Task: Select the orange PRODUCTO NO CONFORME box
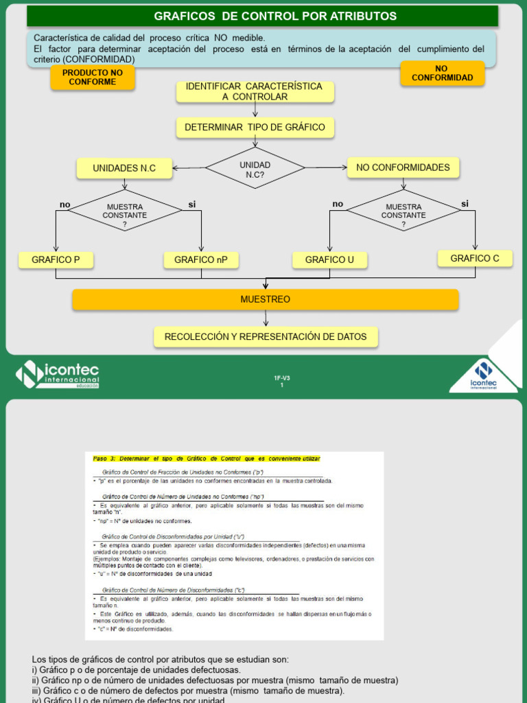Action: click(93, 77)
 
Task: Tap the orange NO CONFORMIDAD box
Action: click(442, 73)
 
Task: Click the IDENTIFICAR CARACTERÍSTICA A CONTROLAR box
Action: click(255, 91)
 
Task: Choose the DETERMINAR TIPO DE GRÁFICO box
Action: click(255, 128)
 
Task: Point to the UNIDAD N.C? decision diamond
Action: click(255, 168)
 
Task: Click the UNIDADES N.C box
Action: click(124, 168)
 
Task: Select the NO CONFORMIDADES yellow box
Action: click(403, 168)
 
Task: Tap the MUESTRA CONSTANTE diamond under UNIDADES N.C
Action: click(125, 211)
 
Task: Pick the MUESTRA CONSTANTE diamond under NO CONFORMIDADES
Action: click(403, 211)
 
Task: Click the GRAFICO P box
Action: click(56, 260)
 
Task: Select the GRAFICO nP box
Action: click(201, 260)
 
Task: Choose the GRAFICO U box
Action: click(329, 260)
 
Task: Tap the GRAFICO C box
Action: click(475, 258)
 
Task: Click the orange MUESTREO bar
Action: click(265, 299)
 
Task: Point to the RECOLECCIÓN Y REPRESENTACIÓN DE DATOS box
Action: click(266, 337)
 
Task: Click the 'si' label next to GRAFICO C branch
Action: click(465, 203)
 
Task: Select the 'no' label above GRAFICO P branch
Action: click(65, 205)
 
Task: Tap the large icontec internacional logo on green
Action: click(58, 374)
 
